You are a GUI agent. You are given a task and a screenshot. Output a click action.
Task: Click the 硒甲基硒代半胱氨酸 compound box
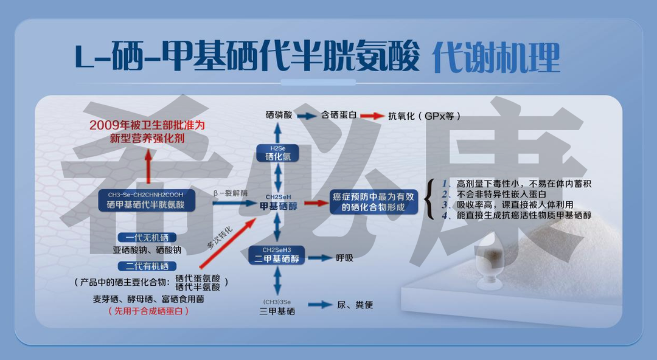click(146, 201)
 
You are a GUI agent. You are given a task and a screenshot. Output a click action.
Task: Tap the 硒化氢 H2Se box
click(278, 153)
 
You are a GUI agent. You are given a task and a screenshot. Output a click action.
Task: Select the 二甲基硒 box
click(277, 255)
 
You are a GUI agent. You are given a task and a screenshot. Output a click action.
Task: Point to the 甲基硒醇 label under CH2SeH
click(278, 206)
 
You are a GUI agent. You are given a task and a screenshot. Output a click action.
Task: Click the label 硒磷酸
click(279, 114)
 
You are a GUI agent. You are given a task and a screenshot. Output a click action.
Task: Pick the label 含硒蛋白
click(339, 114)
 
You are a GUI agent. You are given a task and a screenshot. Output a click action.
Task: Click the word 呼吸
click(345, 258)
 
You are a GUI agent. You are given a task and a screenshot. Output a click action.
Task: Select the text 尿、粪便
click(355, 305)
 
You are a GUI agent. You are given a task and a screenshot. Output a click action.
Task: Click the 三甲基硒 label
click(277, 311)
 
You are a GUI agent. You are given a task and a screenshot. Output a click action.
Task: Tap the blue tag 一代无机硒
click(147, 237)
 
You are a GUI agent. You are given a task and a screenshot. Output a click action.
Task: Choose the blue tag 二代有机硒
click(147, 266)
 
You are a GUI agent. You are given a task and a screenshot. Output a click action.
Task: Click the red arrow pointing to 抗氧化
click(373, 115)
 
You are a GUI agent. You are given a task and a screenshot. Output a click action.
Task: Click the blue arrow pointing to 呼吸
click(320, 258)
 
